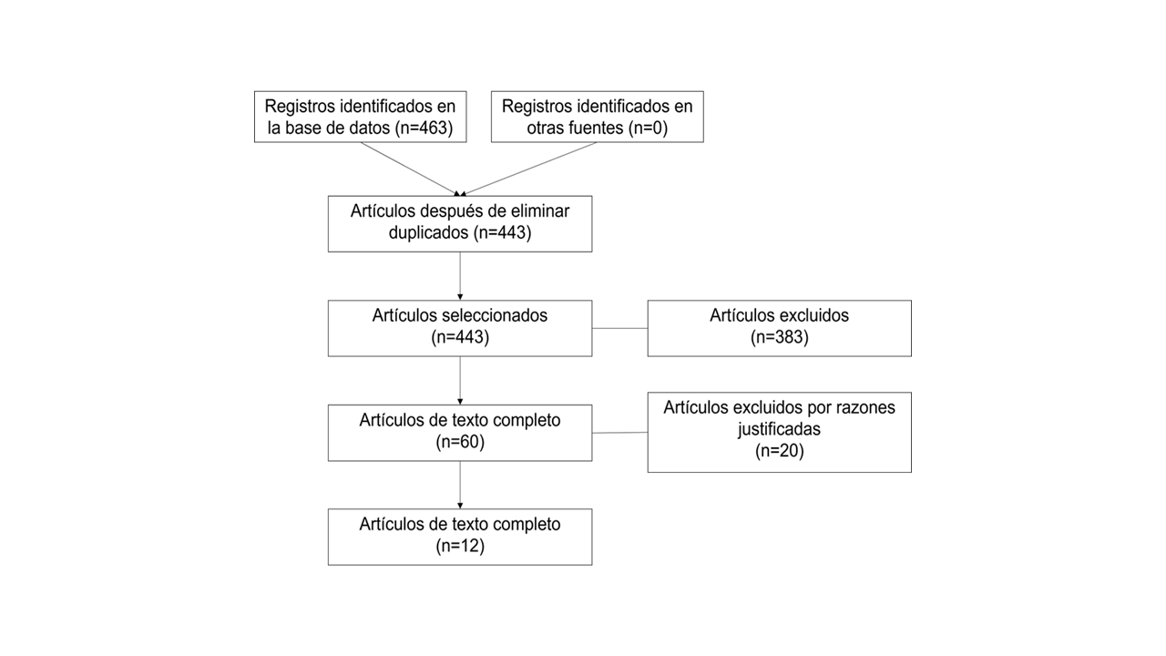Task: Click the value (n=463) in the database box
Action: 424,128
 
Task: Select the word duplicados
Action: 429,232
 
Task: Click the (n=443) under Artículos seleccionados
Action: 460,337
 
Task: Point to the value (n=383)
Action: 779,337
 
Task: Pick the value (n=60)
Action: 460,443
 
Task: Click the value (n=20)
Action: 779,450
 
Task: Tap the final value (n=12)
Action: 460,547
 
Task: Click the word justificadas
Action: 779,428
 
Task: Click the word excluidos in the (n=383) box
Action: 814,315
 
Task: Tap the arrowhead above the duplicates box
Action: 460,192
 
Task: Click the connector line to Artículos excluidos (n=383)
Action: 619,328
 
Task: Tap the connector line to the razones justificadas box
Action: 619,433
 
